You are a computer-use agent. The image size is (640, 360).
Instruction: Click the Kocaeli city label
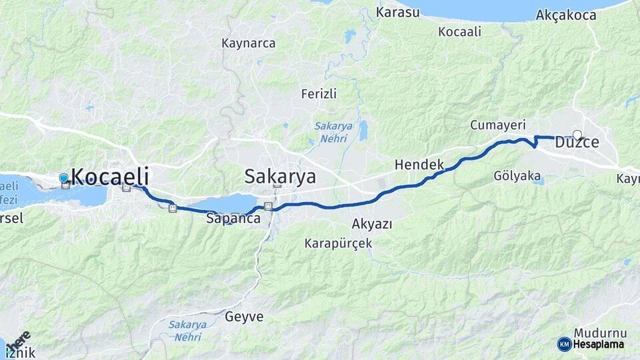(x=109, y=177)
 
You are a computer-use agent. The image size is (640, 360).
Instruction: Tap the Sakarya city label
(x=280, y=177)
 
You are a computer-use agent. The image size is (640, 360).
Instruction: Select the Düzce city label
(x=577, y=142)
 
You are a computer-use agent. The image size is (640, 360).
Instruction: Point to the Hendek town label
(x=419, y=164)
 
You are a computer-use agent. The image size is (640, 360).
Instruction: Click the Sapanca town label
(x=232, y=218)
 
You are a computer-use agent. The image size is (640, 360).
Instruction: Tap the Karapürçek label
(x=338, y=243)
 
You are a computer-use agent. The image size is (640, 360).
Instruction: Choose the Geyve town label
(x=244, y=316)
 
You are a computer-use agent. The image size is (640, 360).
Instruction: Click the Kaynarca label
(x=249, y=43)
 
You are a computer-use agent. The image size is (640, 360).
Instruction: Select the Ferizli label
(x=319, y=93)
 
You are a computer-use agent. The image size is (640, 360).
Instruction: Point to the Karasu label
(x=398, y=12)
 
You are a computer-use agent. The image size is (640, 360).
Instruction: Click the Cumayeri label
(x=498, y=125)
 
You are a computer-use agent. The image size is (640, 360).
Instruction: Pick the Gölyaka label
(x=517, y=176)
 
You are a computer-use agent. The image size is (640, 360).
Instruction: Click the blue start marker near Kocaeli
(x=63, y=178)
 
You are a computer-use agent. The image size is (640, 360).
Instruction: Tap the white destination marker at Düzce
(x=577, y=135)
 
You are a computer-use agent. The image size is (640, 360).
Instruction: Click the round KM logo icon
(x=564, y=344)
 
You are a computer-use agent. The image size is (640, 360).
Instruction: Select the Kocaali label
(x=460, y=31)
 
